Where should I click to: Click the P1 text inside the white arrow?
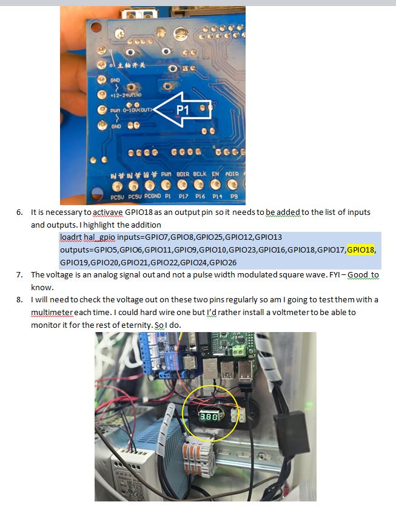coord(183,110)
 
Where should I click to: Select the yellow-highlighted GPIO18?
coord(360,250)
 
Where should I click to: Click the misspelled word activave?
coord(108,212)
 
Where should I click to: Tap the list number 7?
coord(19,275)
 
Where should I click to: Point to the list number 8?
coord(19,300)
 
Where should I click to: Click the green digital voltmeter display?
coord(209,417)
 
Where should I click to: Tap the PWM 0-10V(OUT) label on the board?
coord(132,110)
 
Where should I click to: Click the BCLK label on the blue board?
coord(200,174)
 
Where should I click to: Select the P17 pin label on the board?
coord(183,196)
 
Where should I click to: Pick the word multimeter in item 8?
coord(52,312)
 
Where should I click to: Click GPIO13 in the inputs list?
coord(268,237)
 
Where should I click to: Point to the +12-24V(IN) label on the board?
coord(126,95)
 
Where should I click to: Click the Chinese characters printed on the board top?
coord(131,65)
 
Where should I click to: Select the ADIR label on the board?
coord(232,174)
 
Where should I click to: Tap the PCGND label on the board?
coord(152,196)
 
